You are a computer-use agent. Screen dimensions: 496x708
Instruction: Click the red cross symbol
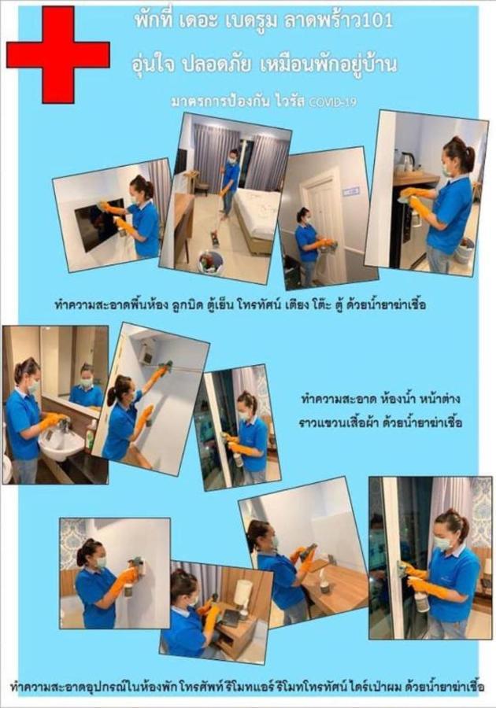pyautogui.click(x=57, y=54)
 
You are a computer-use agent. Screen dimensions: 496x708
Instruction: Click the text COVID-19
pyautogui.click(x=333, y=102)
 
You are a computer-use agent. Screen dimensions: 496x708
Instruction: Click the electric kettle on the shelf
pyautogui.click(x=408, y=160)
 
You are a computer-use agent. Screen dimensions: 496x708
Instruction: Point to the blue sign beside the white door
pyautogui.click(x=351, y=191)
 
